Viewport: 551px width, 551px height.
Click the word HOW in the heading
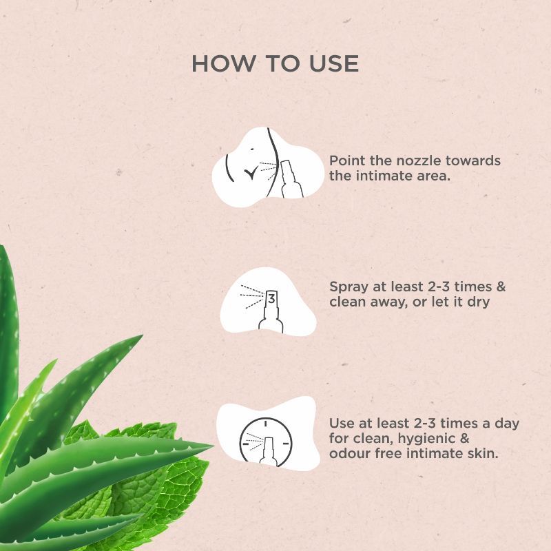coord(224,63)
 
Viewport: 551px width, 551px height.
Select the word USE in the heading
coord(334,63)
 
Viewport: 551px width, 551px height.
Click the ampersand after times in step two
coord(501,287)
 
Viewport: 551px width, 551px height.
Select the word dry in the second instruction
coord(478,302)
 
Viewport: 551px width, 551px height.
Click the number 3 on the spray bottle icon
coord(271,299)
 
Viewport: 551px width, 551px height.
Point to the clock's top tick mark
coord(266,423)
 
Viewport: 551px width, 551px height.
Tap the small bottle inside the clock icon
coord(268,452)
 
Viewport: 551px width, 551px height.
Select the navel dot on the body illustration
coord(252,149)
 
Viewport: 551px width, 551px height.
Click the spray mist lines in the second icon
coord(252,297)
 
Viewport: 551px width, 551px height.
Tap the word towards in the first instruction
coord(472,160)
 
